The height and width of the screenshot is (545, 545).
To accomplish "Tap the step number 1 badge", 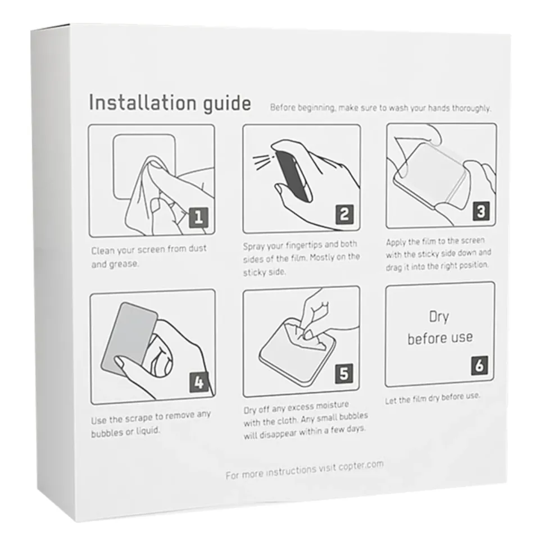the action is click(198, 218).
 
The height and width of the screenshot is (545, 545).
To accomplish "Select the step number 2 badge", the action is click(344, 215).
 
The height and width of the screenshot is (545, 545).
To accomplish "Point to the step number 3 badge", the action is click(481, 211).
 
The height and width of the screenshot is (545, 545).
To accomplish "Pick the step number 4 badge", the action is click(199, 383).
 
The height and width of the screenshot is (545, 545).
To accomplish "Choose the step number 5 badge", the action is click(344, 374).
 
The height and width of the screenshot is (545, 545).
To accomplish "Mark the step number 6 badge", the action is click(479, 365).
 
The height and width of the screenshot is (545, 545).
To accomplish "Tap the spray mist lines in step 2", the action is click(264, 162).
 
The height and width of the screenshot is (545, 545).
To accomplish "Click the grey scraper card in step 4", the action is click(129, 336).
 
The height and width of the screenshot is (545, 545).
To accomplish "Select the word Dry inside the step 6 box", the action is click(439, 317).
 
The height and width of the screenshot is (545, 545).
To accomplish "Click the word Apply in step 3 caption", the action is click(396, 243).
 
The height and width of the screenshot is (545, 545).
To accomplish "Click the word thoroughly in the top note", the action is click(471, 108).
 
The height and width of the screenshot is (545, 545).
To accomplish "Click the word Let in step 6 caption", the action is click(390, 401).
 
